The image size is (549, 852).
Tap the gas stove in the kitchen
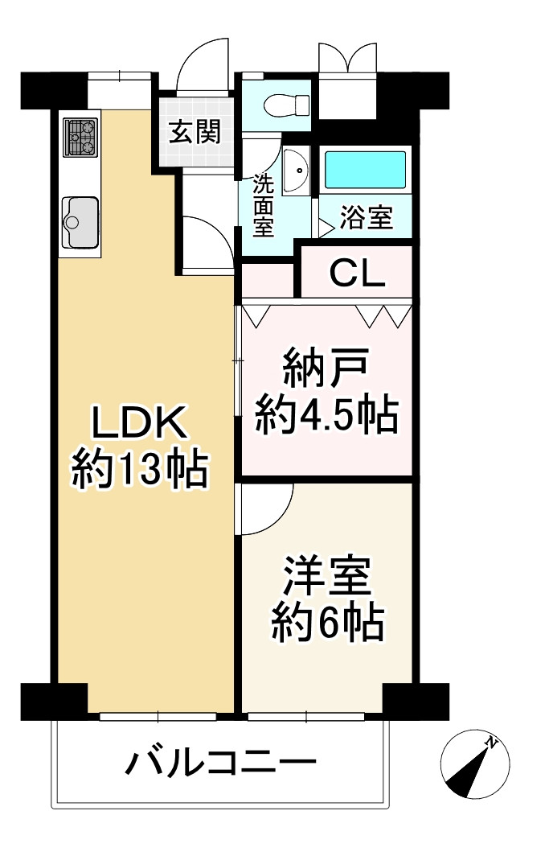[80, 138]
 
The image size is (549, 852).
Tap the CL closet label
[358, 274]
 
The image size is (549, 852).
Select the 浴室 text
[367, 218]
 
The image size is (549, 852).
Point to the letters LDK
[140, 423]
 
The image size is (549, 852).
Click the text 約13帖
[140, 468]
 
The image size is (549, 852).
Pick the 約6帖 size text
[328, 623]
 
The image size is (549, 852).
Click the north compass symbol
[475, 764]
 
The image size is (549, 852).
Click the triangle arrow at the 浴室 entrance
[326, 228]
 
